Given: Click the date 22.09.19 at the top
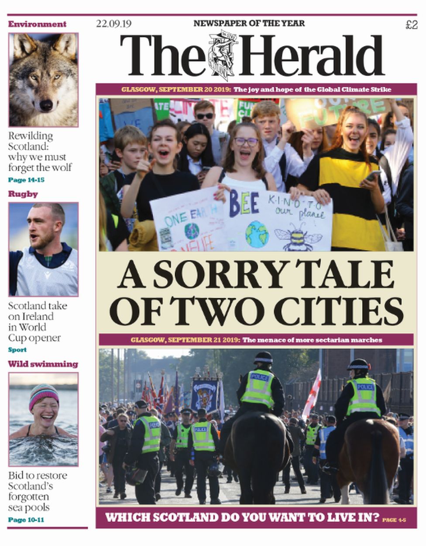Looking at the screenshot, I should pyautogui.click(x=111, y=24).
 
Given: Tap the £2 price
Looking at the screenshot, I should pyautogui.click(x=411, y=25).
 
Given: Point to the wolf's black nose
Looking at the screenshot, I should pyautogui.click(x=46, y=105).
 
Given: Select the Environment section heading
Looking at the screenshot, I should pyautogui.click(x=37, y=24).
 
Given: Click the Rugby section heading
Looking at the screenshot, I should pyautogui.click(x=23, y=194).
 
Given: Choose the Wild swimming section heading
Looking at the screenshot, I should pyautogui.click(x=43, y=364).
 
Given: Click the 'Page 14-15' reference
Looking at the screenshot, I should pyautogui.click(x=26, y=180).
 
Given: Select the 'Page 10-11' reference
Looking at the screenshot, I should pyautogui.click(x=26, y=520).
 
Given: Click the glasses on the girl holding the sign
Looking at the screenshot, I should pyautogui.click(x=246, y=142).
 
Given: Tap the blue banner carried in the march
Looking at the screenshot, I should pyautogui.click(x=205, y=395).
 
